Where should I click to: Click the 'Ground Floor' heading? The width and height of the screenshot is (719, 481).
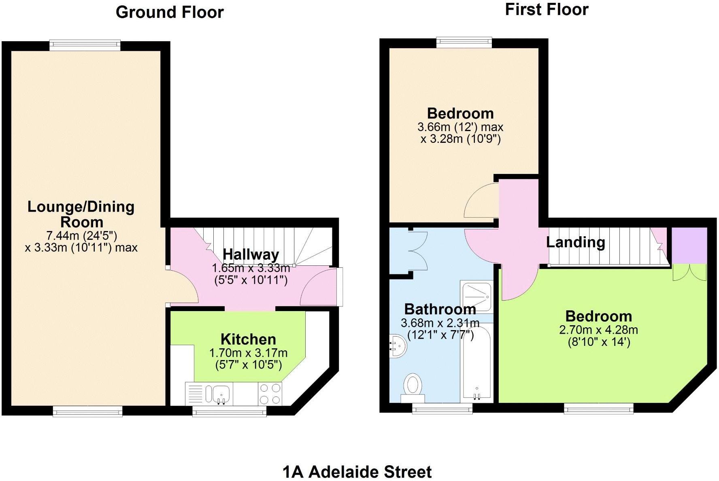(170, 12)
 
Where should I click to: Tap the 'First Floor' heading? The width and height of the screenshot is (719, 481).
(547, 10)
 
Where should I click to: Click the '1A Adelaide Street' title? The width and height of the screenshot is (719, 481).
(357, 472)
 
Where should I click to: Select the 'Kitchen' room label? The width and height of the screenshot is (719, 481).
(248, 339)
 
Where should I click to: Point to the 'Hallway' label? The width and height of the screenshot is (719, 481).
(251, 254)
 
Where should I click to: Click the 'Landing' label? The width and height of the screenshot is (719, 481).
(575, 242)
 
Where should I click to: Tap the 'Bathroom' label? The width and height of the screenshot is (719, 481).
(440, 309)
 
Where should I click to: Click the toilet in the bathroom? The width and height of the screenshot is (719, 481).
(413, 386)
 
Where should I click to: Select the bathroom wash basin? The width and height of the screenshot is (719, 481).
(397, 346)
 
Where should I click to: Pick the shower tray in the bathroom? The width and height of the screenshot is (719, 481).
(477, 297)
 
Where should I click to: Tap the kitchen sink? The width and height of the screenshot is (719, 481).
(219, 394)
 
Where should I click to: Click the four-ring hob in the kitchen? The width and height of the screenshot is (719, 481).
(270, 394)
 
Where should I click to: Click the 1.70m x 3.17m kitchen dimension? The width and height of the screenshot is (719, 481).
(248, 353)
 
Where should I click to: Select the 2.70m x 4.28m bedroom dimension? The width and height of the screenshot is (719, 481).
(598, 330)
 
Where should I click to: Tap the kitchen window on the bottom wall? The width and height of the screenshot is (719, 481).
(229, 411)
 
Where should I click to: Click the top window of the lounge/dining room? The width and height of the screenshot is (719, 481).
(85, 45)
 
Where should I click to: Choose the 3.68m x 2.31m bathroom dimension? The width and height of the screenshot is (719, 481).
(440, 323)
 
